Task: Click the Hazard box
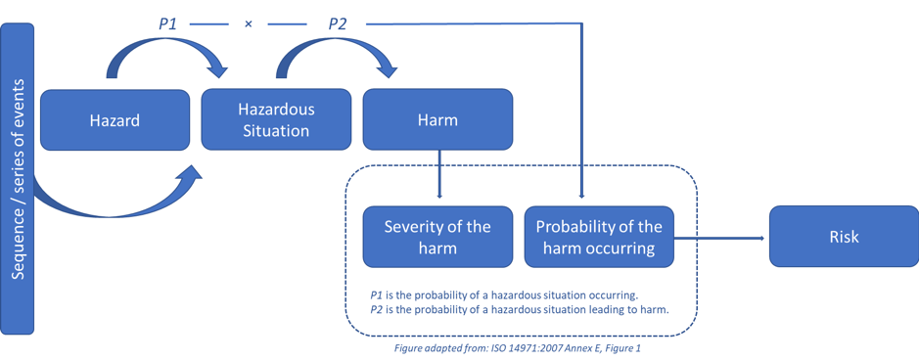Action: tap(115, 120)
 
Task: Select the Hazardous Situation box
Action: tap(276, 120)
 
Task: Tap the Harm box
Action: tap(437, 120)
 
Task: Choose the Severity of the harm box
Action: tap(437, 237)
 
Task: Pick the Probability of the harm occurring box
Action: tap(599, 237)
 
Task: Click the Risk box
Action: tap(844, 237)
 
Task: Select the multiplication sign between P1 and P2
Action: tap(248, 25)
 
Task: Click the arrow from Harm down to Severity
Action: tap(439, 174)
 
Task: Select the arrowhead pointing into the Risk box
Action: tap(763, 238)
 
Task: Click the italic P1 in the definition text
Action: tap(377, 295)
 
